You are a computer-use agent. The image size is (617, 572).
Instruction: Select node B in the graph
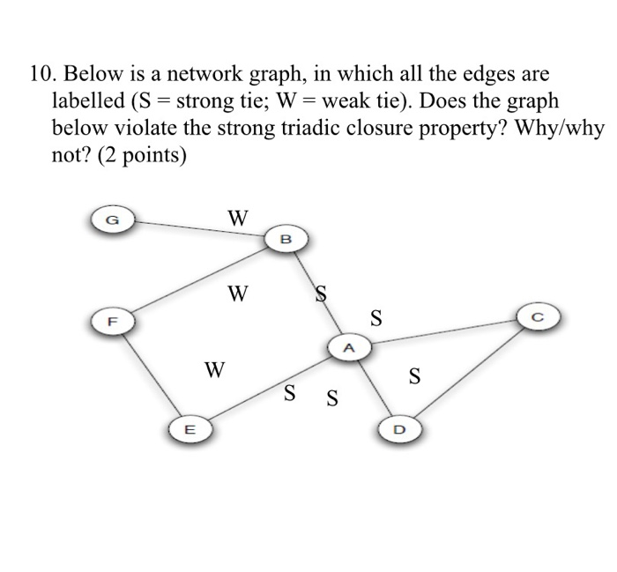(x=285, y=239)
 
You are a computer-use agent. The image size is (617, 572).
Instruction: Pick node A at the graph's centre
(x=347, y=348)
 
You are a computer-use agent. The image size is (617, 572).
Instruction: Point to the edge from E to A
(x=264, y=390)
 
